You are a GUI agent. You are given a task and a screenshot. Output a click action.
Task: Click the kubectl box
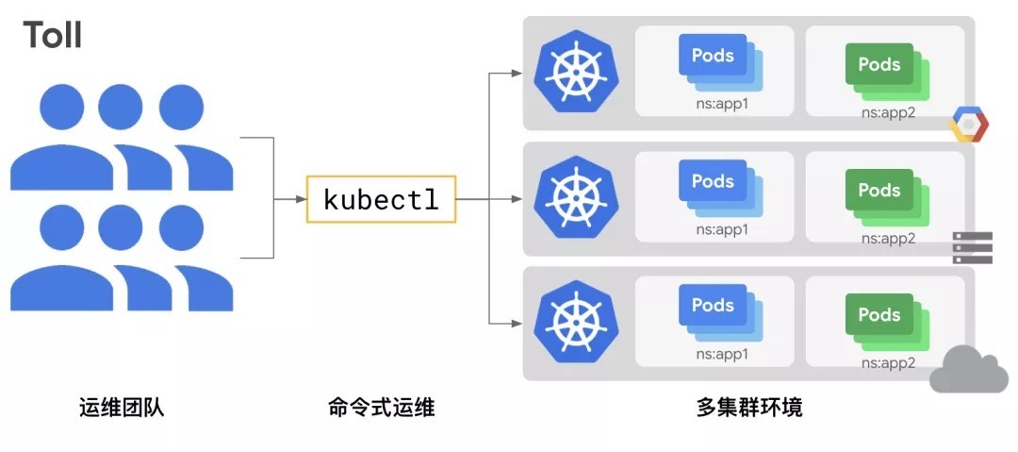coord(381,199)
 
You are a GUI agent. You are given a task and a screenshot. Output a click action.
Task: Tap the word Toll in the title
coord(53,35)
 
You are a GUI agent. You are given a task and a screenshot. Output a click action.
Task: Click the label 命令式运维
coord(381,408)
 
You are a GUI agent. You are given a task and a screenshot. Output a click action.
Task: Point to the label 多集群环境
coord(749,408)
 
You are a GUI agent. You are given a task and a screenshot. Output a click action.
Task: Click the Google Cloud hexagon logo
coord(968,125)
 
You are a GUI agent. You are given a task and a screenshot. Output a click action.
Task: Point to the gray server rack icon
coord(972,247)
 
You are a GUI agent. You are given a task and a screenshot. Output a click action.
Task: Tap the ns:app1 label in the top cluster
coord(721,104)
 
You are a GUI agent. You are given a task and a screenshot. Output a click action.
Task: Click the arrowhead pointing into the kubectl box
coord(301,199)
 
